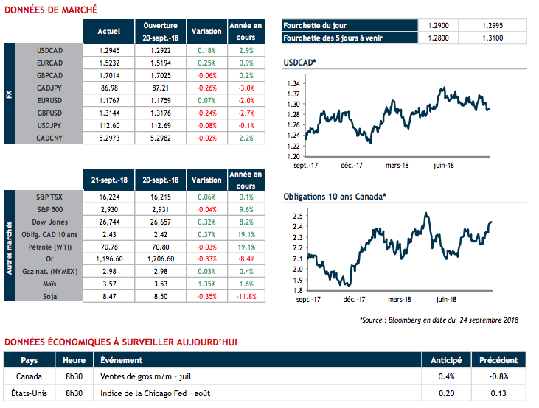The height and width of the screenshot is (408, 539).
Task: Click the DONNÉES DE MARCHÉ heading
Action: coord(51,10)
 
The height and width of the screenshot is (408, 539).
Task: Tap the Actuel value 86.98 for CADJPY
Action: coord(109,88)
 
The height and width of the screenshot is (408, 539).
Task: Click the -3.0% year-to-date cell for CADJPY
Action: coord(246,88)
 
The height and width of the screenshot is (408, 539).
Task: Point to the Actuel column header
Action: coord(109,32)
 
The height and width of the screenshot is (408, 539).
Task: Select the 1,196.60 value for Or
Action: coord(109,260)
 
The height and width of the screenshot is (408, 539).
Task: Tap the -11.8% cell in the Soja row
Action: coord(246,297)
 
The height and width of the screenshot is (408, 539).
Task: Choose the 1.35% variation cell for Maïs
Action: coord(206,284)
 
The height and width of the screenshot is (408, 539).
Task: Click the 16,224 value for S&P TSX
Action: coord(109,197)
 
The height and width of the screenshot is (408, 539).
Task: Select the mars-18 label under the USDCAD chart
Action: coord(397,166)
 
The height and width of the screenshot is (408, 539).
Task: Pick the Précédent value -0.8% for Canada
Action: coord(498,377)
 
